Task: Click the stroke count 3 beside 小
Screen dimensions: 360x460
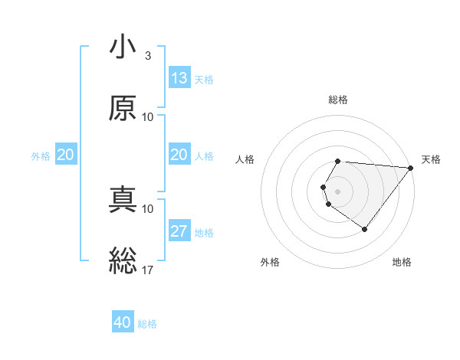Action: click(147, 56)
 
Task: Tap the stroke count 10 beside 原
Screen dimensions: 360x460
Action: click(148, 116)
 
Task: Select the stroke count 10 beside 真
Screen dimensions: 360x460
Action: click(148, 208)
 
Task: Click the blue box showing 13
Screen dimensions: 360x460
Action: click(179, 78)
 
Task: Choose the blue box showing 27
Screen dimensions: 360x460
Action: click(179, 231)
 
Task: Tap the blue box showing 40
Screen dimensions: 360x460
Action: click(123, 322)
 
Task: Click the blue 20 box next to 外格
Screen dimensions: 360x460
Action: click(65, 155)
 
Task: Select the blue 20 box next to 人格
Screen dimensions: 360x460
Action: click(179, 155)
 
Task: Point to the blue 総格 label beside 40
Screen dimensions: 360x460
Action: click(147, 324)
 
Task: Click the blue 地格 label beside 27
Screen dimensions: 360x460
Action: click(204, 232)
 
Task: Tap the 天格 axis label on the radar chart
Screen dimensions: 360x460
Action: click(431, 159)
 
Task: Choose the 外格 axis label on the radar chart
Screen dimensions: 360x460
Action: click(270, 262)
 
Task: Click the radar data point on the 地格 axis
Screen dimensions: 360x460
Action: click(364, 229)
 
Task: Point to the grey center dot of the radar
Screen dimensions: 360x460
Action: click(337, 191)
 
